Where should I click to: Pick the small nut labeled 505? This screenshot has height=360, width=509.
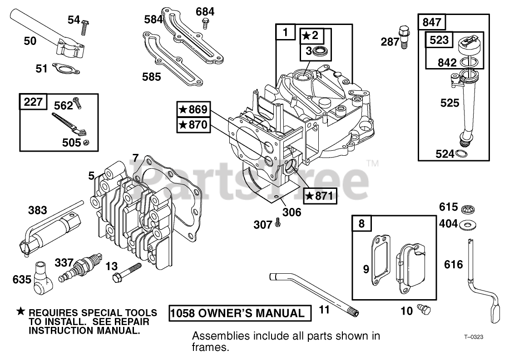pos(86,143)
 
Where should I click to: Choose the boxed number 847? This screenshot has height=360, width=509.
pos(431,22)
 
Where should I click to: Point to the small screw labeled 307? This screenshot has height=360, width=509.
pos(278,224)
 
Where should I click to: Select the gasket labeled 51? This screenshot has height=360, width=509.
pos(65,69)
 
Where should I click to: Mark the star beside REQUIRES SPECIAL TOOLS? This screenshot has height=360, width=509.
pos(21,312)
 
